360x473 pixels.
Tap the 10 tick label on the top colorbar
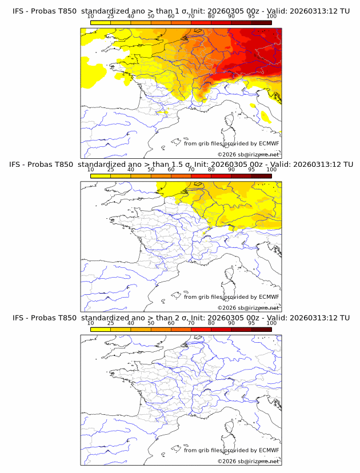click(x=91, y=16)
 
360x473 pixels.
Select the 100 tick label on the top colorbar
click(x=272, y=16)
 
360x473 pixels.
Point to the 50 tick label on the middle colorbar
click(x=151, y=170)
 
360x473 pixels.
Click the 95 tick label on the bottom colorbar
click(x=251, y=323)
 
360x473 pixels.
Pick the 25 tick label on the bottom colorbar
click(x=111, y=323)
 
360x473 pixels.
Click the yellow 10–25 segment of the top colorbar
click(x=101, y=22)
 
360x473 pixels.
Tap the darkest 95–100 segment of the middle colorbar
click(x=262, y=176)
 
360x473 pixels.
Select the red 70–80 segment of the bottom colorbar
click(x=201, y=329)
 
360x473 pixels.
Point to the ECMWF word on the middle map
click(x=269, y=296)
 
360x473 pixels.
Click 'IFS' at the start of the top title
click(x=19, y=11)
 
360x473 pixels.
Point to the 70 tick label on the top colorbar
click(x=191, y=16)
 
